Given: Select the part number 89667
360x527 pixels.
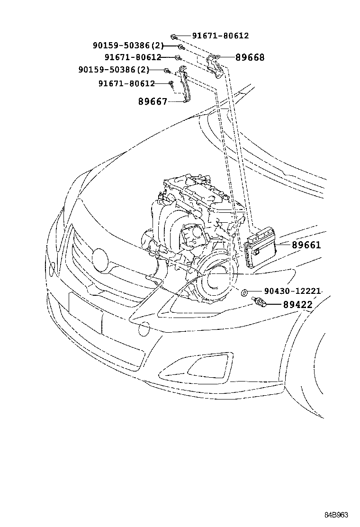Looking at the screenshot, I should click(x=153, y=101).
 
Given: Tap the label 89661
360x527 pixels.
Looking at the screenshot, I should click(x=306, y=245).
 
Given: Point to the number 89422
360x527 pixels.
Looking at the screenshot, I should click(x=298, y=305).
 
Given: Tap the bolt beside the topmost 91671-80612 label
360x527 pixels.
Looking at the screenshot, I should click(x=174, y=36).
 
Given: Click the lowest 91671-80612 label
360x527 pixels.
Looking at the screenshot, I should click(x=126, y=83).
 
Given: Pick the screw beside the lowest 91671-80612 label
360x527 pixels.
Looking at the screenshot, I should click(x=171, y=84).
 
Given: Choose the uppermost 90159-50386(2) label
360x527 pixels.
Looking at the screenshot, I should click(x=128, y=45).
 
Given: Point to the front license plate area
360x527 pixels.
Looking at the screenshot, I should click(x=85, y=313).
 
